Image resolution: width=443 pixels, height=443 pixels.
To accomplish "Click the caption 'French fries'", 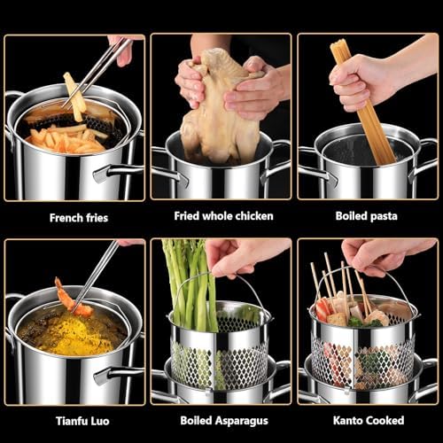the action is tap(79, 218).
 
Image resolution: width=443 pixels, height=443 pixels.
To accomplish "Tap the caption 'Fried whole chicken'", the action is tap(223, 216).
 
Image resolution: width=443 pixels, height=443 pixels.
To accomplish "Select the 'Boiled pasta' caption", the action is tap(367, 216).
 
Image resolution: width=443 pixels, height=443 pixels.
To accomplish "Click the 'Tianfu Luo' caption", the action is tap(82, 421).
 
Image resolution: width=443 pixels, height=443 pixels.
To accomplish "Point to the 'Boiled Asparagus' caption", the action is tap(224, 421).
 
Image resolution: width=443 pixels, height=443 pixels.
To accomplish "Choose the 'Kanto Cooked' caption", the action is tap(369, 420).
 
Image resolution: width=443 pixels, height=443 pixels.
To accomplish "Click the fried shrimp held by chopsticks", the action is tap(73, 299).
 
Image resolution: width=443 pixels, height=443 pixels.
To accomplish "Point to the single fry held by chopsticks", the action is tap(74, 96).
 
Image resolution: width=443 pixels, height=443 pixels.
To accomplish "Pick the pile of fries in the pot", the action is tap(65, 139).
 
